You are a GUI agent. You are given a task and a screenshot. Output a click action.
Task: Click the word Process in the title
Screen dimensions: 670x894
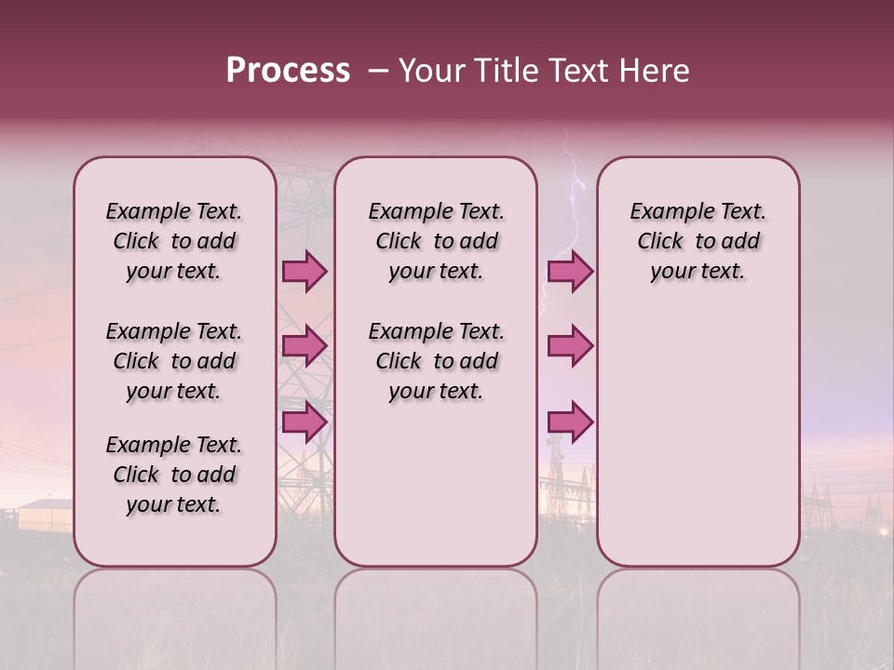coord(288,71)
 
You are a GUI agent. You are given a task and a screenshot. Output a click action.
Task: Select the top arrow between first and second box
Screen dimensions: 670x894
coord(305,271)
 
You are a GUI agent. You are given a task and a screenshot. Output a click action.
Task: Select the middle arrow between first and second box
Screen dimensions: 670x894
coord(305,346)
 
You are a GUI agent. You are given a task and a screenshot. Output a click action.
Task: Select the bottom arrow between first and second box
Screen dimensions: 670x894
coord(305,422)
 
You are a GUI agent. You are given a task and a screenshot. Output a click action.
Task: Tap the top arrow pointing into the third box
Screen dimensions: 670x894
coord(570,271)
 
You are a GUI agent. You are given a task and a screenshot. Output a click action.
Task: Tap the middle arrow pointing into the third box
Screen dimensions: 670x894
coord(570,346)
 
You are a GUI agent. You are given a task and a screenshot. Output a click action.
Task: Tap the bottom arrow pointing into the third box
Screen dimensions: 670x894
coord(570,422)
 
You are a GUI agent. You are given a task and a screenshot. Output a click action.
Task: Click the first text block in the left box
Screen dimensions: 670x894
coord(174,241)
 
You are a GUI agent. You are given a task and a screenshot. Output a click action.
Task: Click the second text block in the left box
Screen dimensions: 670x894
coord(174,361)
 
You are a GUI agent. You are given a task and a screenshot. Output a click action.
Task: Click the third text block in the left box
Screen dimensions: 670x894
coord(174,475)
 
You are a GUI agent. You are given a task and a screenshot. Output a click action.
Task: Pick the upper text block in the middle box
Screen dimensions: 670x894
coord(436,241)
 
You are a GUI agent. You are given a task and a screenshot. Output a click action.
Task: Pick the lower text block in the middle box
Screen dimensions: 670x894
coord(436,361)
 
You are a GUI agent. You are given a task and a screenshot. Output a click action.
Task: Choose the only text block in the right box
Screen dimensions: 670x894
coord(698,241)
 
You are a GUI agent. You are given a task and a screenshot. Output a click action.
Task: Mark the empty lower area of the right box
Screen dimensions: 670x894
coord(698,437)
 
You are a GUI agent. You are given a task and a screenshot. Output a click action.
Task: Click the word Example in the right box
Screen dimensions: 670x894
coord(664,212)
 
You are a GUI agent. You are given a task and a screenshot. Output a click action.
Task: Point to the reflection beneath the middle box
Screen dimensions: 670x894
coord(436,614)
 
